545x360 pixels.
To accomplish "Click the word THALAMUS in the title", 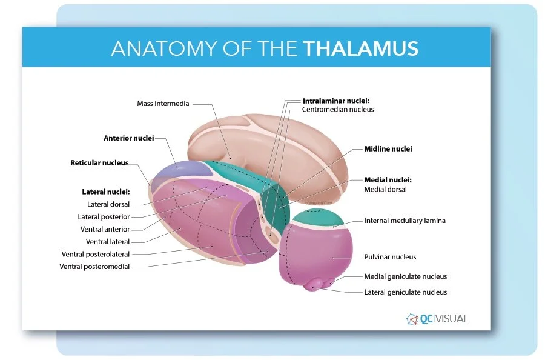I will [361, 48].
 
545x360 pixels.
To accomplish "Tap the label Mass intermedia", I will [163, 104].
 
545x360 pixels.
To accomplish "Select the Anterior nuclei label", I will [128, 138].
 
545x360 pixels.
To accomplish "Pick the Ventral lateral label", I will [108, 242].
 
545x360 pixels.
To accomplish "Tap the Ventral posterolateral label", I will [96, 254].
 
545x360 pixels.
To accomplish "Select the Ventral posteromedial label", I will [94, 267].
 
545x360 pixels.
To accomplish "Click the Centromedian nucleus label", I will [338, 110].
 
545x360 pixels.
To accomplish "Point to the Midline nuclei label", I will [388, 148].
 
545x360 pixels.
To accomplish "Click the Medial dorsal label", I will [385, 189].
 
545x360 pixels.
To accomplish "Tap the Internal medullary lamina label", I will [405, 221].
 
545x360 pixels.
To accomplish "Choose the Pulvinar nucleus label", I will [390, 257].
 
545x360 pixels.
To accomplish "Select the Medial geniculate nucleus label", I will [405, 276].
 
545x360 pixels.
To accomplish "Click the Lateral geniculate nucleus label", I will [405, 292].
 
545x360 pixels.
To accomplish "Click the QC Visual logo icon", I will [413, 319].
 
